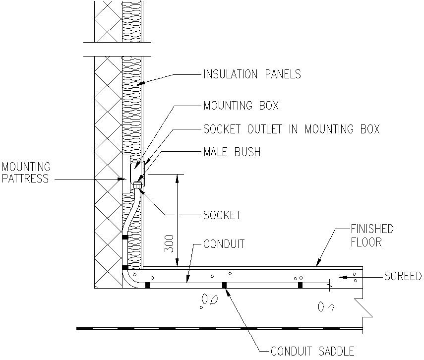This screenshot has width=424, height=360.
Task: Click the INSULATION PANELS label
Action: (252, 75)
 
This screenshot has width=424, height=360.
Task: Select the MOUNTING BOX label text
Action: (241, 106)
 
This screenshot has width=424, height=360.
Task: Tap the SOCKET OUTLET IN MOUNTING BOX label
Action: (291, 129)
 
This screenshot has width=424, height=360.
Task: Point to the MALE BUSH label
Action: (232, 152)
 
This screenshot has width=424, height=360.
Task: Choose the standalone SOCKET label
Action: (222, 215)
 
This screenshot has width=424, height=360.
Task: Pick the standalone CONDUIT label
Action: (224, 244)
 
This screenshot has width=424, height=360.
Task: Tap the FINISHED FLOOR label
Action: (372, 236)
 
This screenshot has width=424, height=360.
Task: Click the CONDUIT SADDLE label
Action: (312, 352)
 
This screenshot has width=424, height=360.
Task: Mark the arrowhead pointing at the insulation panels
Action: (141, 84)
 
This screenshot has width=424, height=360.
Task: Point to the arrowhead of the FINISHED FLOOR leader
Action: (318, 264)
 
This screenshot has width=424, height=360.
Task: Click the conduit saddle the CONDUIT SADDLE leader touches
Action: (225, 285)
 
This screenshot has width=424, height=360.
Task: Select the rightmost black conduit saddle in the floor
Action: (300, 285)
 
